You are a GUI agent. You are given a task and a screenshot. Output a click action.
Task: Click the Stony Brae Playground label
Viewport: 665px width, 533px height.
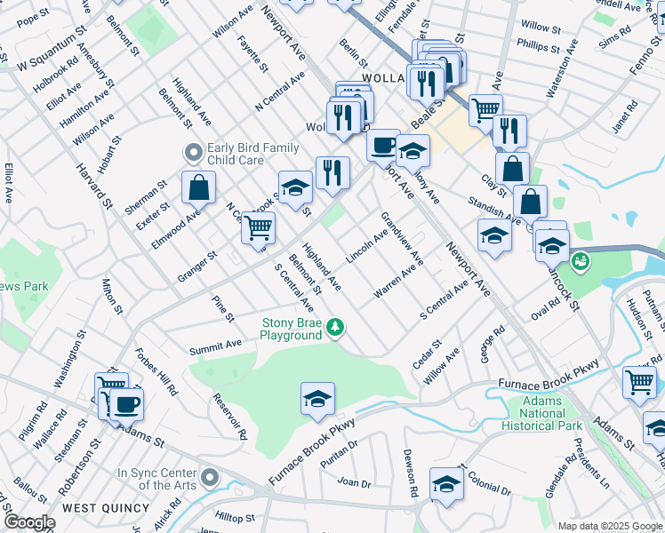(290, 329)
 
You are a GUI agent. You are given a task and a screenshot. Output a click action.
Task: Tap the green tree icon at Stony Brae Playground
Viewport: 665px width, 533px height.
(335, 329)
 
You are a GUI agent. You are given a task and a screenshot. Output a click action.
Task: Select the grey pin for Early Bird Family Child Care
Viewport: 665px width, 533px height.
(191, 154)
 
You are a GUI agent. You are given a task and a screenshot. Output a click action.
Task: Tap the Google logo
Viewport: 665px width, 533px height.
(28, 522)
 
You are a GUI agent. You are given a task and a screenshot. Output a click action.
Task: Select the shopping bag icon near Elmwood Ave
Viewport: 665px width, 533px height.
(198, 187)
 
